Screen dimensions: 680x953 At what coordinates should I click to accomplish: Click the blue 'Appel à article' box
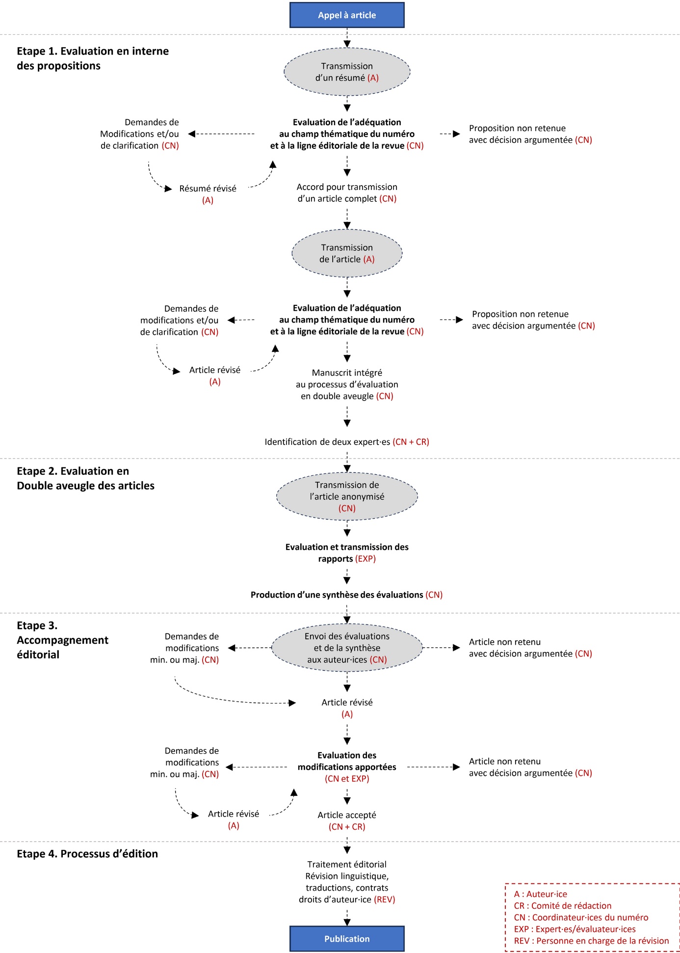click(347, 15)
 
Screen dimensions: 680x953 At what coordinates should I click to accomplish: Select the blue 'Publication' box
click(347, 938)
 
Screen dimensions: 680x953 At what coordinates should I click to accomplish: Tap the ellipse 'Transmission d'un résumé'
click(347, 72)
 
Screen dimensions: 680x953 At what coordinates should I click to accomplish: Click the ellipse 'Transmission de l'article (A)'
click(347, 253)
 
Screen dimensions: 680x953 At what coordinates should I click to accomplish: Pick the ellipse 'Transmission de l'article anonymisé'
click(347, 496)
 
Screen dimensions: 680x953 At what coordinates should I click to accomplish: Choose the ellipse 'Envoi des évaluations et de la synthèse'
click(347, 648)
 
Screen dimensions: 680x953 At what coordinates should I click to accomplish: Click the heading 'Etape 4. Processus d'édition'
click(87, 854)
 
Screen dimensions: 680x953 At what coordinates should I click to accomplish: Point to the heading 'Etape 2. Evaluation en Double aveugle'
click(85, 478)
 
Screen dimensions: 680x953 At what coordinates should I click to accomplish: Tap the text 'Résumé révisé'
click(208, 189)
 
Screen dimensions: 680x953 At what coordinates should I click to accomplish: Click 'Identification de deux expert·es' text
click(327, 442)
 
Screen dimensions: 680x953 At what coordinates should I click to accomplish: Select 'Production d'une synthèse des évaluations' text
click(337, 595)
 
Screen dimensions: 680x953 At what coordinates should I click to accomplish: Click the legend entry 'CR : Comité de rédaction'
click(562, 906)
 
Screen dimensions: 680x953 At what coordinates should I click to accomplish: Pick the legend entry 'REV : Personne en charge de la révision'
click(591, 941)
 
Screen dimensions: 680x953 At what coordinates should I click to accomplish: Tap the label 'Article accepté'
click(347, 815)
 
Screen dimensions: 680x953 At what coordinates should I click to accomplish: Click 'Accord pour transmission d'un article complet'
click(347, 193)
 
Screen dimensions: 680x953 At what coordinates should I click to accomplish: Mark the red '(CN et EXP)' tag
click(347, 779)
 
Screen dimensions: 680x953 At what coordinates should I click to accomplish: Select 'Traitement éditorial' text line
click(347, 864)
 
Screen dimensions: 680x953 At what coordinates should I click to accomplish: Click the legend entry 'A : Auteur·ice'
click(540, 894)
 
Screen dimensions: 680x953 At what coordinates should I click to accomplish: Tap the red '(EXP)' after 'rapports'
click(366, 559)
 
